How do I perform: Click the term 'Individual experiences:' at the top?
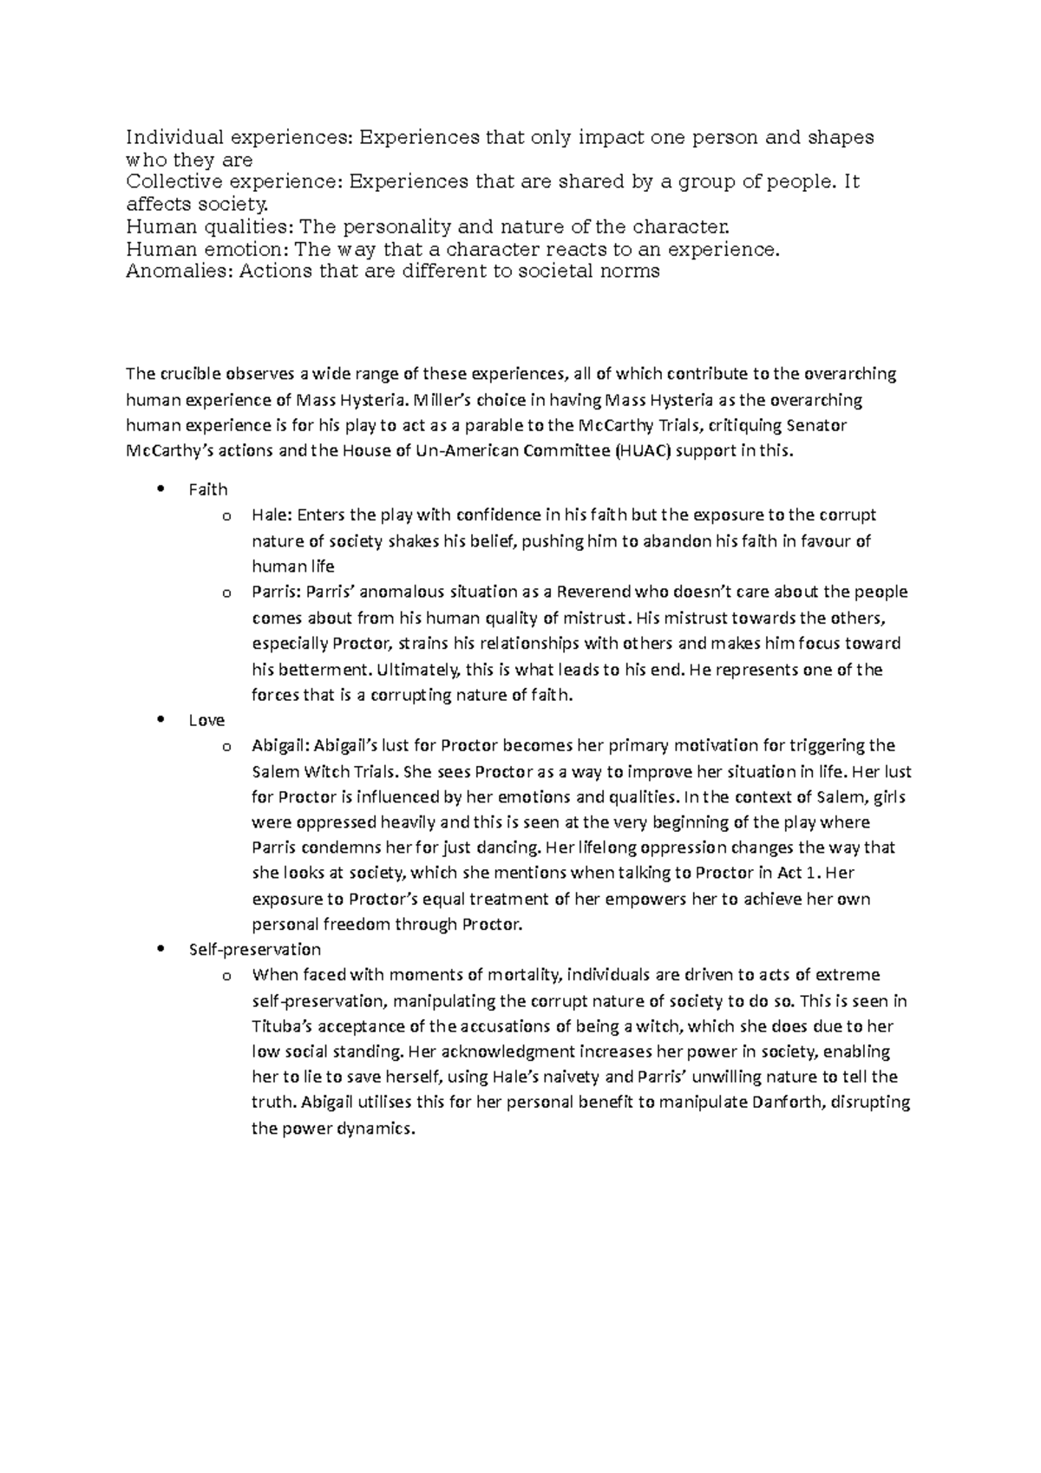coord(239,137)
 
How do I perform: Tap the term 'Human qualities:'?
coord(209,227)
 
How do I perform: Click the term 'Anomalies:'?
coord(179,271)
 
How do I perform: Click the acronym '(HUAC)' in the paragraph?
coord(643,451)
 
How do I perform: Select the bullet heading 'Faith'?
coord(207,490)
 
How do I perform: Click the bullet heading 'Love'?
coord(206,721)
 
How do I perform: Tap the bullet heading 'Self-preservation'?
coord(254,950)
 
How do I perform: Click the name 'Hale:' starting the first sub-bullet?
coord(272,515)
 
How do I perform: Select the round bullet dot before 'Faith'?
coord(159,489)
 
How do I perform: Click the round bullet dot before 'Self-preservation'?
coord(159,949)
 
